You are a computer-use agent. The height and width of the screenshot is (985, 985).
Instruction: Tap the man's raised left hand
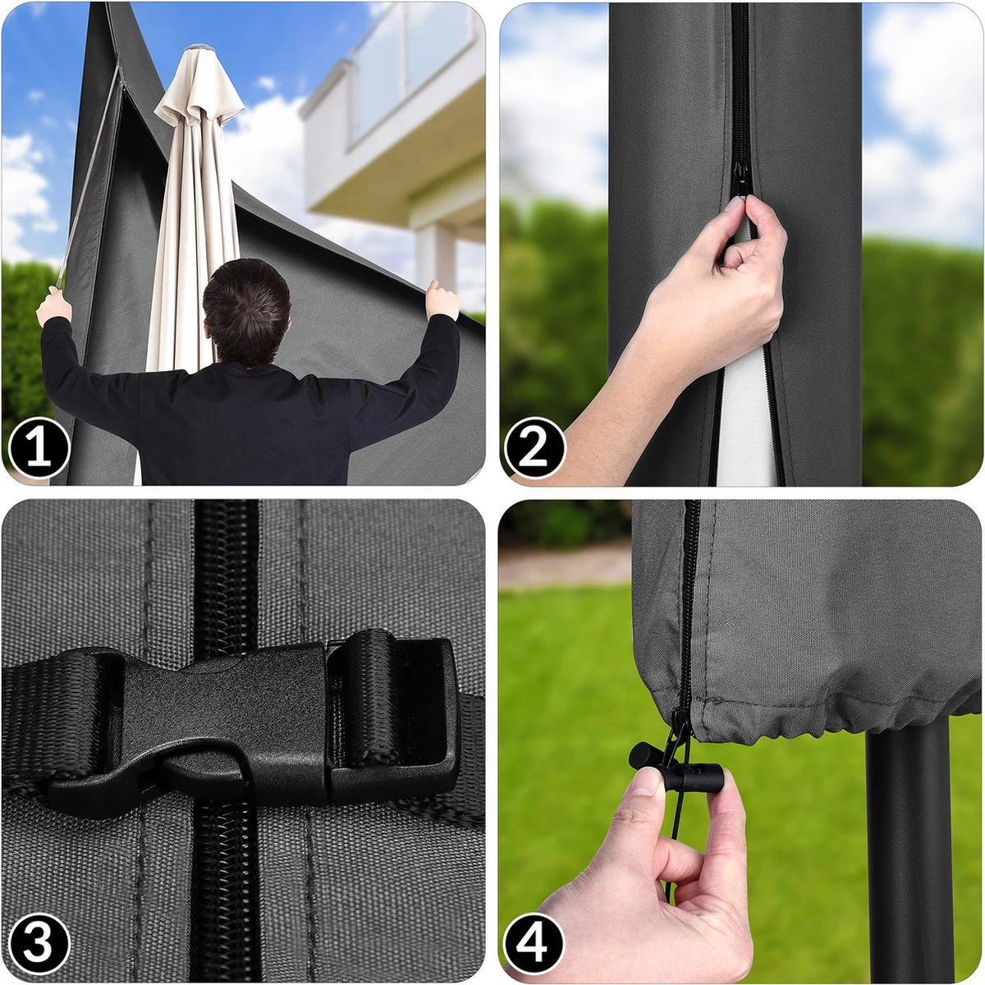click(x=54, y=305)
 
